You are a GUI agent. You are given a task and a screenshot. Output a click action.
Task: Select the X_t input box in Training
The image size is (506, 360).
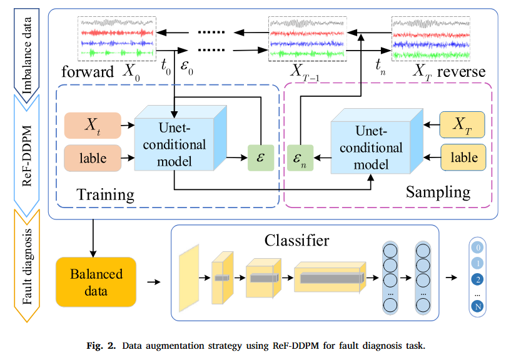point(91,126)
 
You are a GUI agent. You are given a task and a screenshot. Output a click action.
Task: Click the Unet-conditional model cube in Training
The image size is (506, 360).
point(176,144)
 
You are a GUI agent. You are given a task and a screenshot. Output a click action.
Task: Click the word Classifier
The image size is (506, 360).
point(296,240)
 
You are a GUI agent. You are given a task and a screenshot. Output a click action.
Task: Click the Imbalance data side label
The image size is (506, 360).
point(26,49)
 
